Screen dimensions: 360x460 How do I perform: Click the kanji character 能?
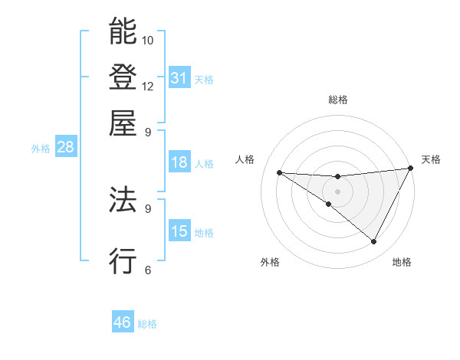click(123, 31)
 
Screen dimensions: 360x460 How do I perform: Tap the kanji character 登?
click(123, 77)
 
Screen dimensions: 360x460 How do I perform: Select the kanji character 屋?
click(123, 123)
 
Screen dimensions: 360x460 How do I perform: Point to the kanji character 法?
click(123, 200)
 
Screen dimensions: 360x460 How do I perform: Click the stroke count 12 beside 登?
click(148, 86)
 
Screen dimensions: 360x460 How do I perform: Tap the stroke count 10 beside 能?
click(148, 40)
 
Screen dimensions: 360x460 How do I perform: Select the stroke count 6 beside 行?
click(148, 270)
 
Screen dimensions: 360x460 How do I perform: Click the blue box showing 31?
click(179, 77)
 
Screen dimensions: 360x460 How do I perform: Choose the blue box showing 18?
click(179, 162)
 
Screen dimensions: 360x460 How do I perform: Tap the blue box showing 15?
click(179, 231)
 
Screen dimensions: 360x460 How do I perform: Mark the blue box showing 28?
click(65, 148)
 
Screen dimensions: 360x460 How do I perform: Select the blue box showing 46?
click(123, 322)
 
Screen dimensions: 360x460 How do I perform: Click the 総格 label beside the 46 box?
click(148, 324)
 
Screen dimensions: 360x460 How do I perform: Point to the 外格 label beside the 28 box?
click(41, 149)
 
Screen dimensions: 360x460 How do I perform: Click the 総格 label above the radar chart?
click(337, 100)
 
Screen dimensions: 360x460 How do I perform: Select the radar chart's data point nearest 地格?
click(374, 242)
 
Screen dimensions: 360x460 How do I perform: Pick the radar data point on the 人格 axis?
click(279, 172)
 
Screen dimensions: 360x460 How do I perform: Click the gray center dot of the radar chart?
click(337, 191)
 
